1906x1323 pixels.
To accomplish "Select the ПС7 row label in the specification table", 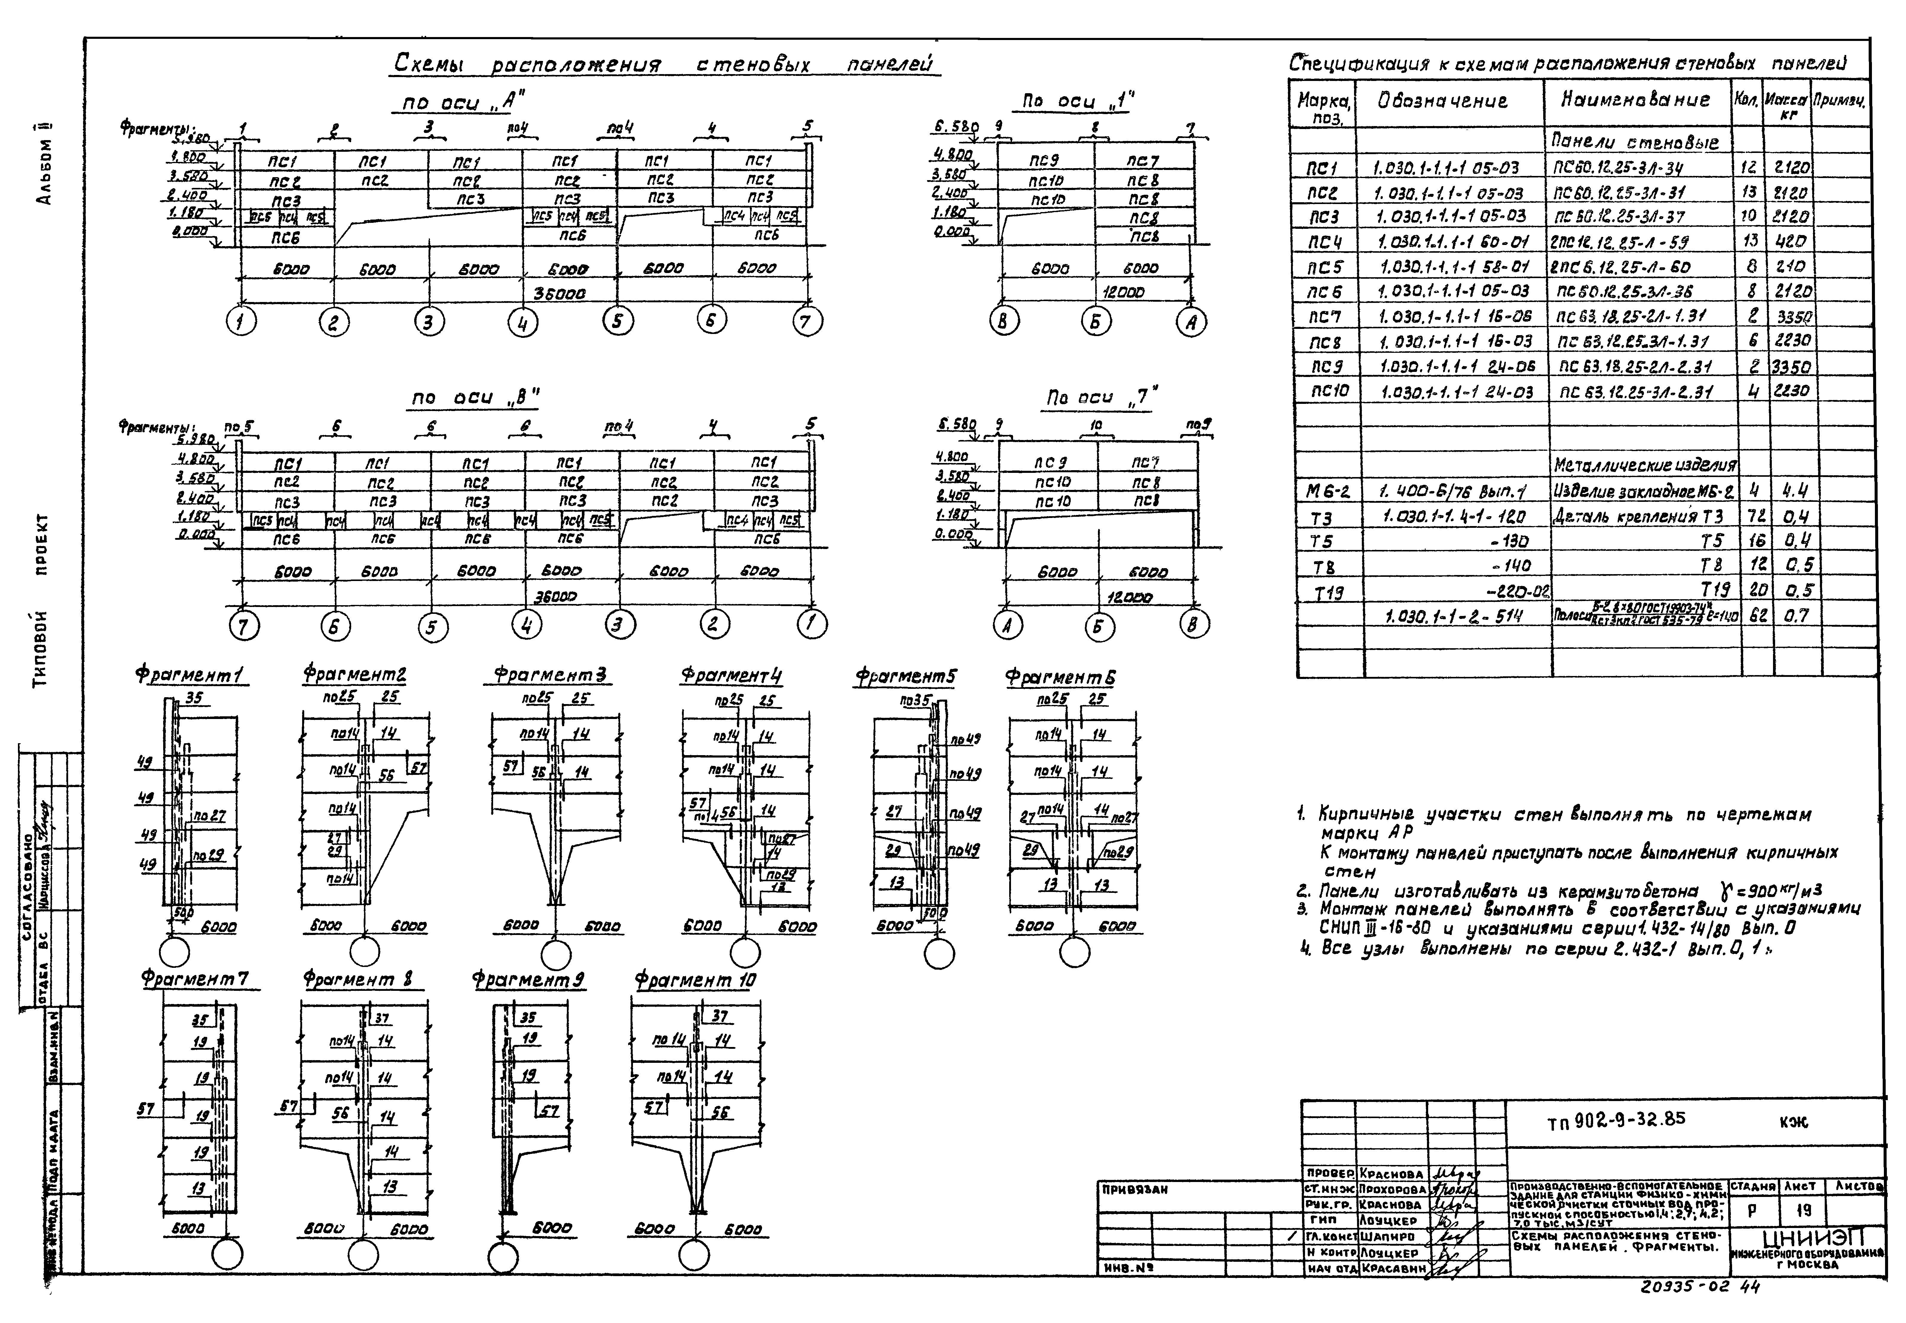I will click(1324, 316).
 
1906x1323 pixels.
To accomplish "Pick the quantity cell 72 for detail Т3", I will click(1751, 516).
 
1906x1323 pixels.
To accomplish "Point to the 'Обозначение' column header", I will click(1442, 101).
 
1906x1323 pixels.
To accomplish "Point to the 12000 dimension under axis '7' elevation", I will click(1129, 597).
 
